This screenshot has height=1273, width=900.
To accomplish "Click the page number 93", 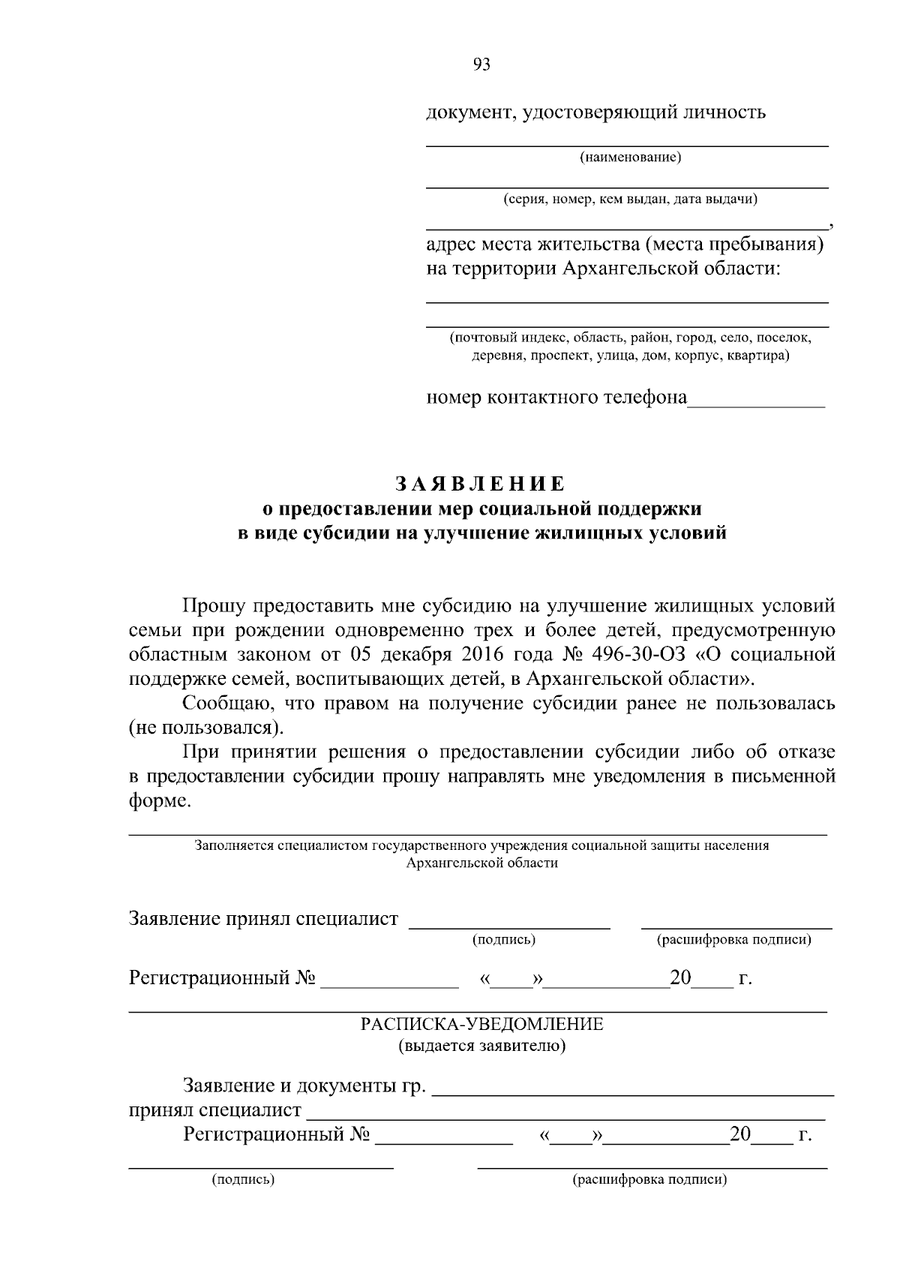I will point(482,65).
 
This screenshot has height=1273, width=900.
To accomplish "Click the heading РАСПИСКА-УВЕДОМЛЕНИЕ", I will point(482,1025).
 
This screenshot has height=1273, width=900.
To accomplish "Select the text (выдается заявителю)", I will point(482,1046).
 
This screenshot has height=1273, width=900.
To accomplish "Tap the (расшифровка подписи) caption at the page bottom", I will point(649,1180).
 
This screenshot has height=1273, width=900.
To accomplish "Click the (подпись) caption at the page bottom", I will point(244,1180).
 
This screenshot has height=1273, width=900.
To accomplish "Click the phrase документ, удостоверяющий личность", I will point(596,113).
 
